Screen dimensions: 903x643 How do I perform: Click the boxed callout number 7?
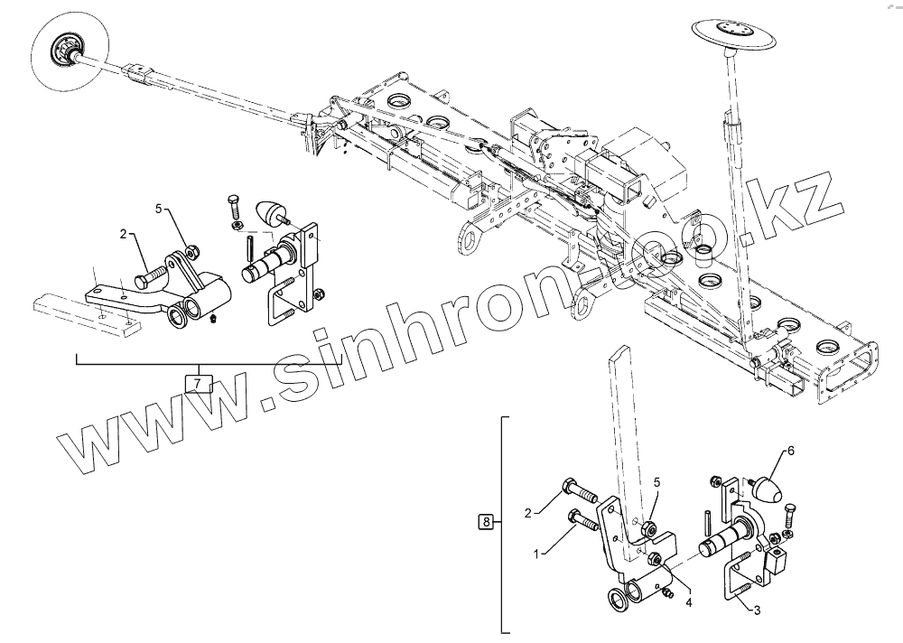point(198,384)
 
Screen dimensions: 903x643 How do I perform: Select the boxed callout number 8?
point(486,522)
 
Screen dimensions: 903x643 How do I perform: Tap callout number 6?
point(790,450)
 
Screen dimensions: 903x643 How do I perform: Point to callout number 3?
point(757,610)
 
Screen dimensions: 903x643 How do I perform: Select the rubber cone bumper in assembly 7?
point(270,215)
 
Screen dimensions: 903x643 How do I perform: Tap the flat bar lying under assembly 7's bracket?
point(86,312)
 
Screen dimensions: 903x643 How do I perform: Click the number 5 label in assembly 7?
point(158,209)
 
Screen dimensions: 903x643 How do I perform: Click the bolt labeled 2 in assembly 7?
point(153,274)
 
